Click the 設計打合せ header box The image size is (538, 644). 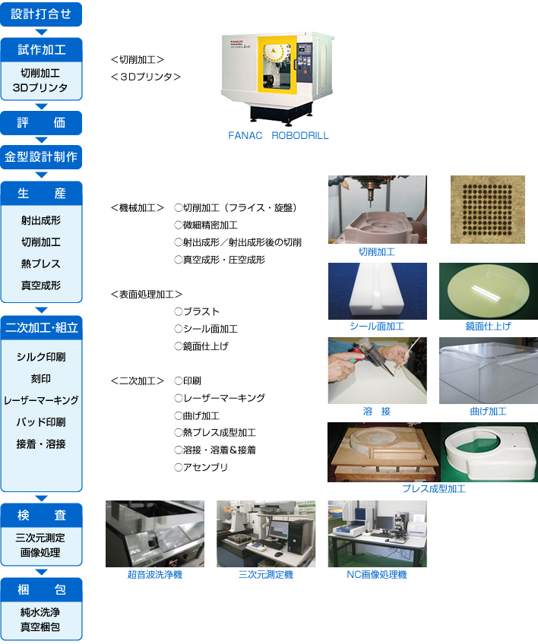tap(41, 14)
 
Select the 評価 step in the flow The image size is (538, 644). tap(41, 123)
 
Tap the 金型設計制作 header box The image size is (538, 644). tap(41, 157)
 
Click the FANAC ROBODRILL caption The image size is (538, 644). tap(278, 135)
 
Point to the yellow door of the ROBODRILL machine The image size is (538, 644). tap(277, 64)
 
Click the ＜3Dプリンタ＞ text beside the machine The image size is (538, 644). tap(145, 77)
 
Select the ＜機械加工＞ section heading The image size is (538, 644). tap(138, 208)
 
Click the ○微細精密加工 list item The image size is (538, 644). tap(206, 225)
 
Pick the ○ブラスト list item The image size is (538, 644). tap(197, 311)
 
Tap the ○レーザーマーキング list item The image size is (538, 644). tap(220, 398)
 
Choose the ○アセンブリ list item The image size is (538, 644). tap(201, 467)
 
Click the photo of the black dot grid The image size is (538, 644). tap(487, 210)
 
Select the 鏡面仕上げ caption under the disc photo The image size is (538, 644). tap(489, 327)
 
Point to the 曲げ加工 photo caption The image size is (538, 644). tap(489, 412)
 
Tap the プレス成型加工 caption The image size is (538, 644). tap(434, 489)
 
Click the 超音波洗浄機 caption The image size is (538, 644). tap(155, 575)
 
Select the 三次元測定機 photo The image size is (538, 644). tap(266, 534)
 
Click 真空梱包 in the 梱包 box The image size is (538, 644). tap(40, 627)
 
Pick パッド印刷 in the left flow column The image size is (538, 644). tap(41, 422)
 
